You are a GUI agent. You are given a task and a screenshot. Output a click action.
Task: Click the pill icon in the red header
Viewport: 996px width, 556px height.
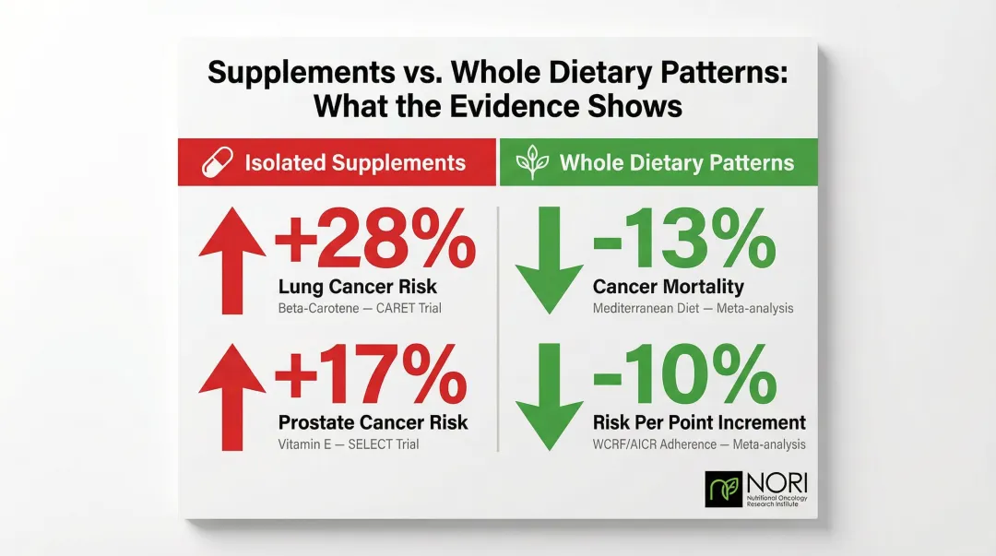216,163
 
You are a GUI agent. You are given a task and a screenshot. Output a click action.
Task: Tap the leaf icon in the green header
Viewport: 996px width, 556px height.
532,163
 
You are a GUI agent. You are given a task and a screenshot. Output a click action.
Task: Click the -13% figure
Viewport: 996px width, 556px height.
682,243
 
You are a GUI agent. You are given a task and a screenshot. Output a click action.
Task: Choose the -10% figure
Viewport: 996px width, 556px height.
683,379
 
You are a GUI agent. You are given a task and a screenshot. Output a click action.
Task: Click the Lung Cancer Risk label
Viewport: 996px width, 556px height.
358,287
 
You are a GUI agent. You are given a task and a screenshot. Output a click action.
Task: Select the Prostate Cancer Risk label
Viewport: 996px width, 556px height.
373,423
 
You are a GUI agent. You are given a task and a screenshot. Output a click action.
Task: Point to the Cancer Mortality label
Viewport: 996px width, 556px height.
668,287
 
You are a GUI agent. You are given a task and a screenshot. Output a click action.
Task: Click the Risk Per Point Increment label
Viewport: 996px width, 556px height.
699,423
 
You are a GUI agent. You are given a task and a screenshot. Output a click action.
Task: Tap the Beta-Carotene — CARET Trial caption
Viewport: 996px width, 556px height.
360,307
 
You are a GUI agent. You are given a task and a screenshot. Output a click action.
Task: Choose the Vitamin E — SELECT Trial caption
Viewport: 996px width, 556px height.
349,444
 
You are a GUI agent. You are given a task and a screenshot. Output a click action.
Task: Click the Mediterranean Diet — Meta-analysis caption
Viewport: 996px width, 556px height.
693,307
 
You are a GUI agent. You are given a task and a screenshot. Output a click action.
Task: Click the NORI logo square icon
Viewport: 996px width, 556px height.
723,490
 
